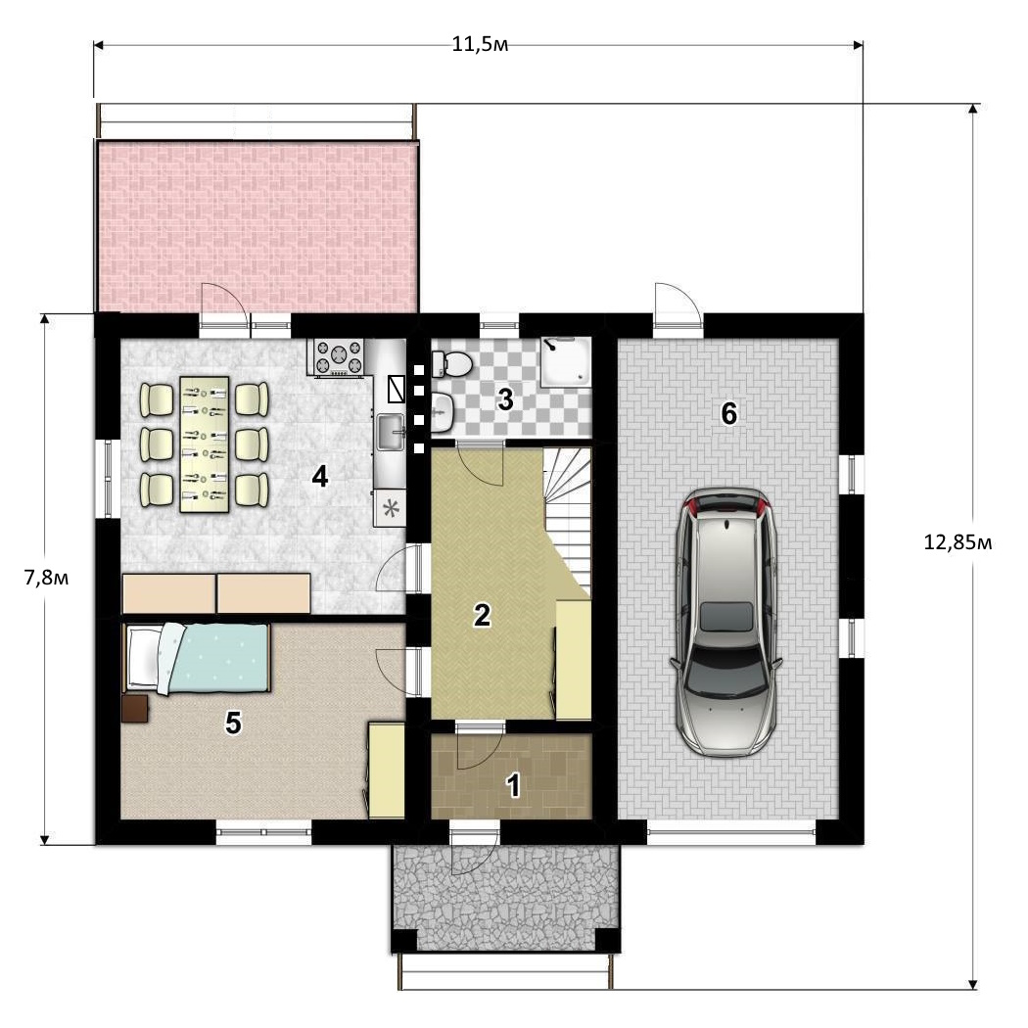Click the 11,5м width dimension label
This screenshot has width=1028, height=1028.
click(480, 45)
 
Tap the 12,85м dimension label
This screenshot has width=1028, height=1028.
click(958, 542)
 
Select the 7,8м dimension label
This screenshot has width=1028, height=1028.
click(47, 579)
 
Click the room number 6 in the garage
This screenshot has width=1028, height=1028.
click(728, 414)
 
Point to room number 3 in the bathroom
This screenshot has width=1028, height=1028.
click(505, 399)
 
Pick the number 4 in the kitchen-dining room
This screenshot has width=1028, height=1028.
click(320, 477)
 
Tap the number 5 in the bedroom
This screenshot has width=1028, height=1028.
click(233, 723)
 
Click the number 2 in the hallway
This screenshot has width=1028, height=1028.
click(482, 615)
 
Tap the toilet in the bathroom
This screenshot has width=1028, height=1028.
click(451, 363)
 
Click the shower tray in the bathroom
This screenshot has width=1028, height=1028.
click(566, 362)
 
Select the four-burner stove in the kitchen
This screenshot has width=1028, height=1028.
click(338, 358)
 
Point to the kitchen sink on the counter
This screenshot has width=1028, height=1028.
click(391, 432)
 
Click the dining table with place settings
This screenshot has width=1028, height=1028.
click(204, 444)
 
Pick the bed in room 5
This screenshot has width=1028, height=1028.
click(198, 658)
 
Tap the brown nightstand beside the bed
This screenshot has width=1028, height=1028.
click(135, 708)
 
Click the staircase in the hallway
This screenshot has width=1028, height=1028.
click(567, 518)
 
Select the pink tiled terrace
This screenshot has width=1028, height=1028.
click(257, 227)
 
